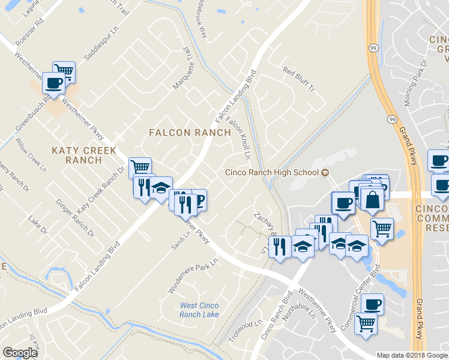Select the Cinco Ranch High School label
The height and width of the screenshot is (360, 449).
pyautogui.click(x=271, y=173)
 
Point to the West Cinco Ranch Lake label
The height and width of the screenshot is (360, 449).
pyautogui.click(x=199, y=310)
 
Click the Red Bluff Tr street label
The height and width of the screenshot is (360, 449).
pyautogui.click(x=298, y=81)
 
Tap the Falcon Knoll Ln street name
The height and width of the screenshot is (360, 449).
pyautogui.click(x=237, y=138)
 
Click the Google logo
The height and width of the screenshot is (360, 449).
pyautogui.click(x=20, y=353)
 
